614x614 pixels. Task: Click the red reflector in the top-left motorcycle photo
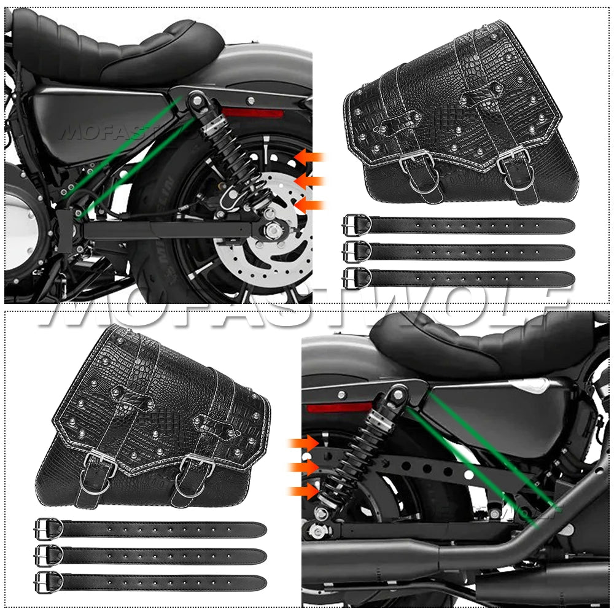pyautogui.click(x=252, y=113)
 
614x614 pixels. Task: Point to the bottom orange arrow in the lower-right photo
pyautogui.click(x=305, y=491)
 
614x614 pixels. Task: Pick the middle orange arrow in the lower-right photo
pyautogui.click(x=305, y=467)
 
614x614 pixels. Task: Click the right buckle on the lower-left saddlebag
pyautogui.click(x=197, y=466)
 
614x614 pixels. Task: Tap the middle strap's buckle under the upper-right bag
pyautogui.click(x=357, y=251)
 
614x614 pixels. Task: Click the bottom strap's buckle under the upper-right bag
pyautogui.click(x=357, y=278)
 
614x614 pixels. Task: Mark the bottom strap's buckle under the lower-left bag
pyautogui.click(x=48, y=581)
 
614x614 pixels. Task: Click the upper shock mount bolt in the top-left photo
pyautogui.click(x=197, y=98)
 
